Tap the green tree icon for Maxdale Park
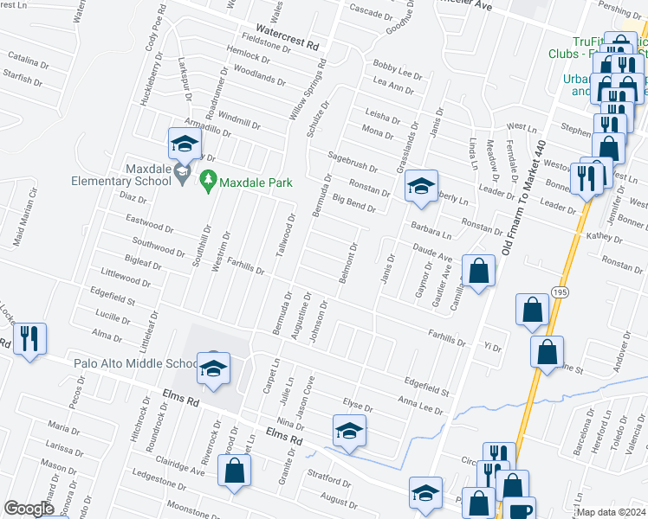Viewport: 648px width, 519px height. click(x=207, y=181)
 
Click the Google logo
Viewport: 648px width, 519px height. click(x=29, y=509)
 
